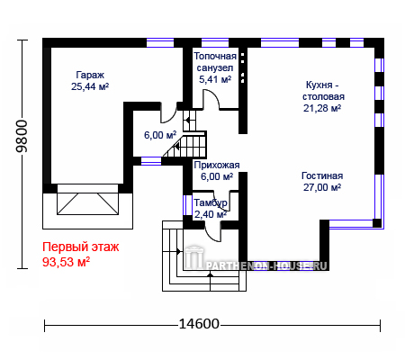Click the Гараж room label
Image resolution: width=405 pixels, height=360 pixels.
(90, 76)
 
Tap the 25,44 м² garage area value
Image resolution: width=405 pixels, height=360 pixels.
(90, 86)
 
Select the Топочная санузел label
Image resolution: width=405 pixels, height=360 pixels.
(215, 62)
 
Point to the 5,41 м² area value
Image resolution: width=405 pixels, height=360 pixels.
(215, 79)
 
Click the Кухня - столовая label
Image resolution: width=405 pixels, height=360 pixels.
(323, 91)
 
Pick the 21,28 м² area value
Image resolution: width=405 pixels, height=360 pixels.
(322, 108)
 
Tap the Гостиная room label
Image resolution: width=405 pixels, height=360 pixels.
(322, 175)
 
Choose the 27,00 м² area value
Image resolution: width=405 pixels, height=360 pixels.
(322, 187)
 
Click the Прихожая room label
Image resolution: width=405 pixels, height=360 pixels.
(217, 165)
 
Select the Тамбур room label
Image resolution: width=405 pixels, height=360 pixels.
(211, 203)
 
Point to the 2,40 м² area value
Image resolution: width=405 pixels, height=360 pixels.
(211, 214)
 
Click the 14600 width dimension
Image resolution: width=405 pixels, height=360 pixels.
(199, 324)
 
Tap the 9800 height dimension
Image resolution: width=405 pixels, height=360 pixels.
(22, 136)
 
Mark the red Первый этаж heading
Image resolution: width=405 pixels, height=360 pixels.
(81, 247)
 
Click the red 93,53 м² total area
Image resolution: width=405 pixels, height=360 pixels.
(66, 262)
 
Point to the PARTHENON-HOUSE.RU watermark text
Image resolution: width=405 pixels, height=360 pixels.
(266, 265)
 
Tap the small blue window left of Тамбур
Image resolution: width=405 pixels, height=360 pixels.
(187, 205)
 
